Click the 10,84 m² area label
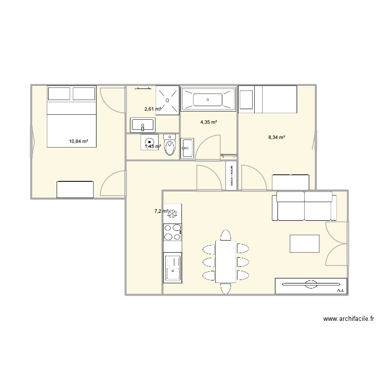pyautogui.click(x=78, y=141)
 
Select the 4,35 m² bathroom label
pyautogui.click(x=208, y=122)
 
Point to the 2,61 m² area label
pyautogui.click(x=152, y=109)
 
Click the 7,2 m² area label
pyautogui.click(x=161, y=211)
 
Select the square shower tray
pyautogui.click(x=168, y=99)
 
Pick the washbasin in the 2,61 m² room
pyautogui.click(x=143, y=124)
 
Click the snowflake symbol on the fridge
pyautogui.click(x=173, y=214)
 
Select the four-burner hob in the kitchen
pyautogui.click(x=173, y=232)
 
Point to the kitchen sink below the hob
pyautogui.click(x=173, y=268)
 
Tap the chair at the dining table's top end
pyautogui.click(x=225, y=235)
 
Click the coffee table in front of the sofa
pyautogui.click(x=304, y=244)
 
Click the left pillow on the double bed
pyautogui.click(x=59, y=93)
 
